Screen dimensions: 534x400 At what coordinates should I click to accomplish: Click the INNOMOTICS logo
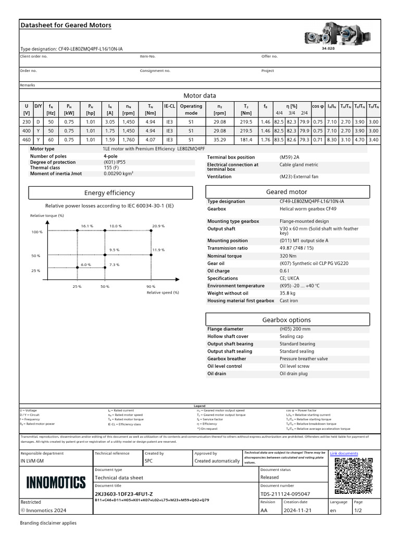(x=56, y=482)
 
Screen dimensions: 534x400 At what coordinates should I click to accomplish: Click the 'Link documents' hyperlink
(x=344, y=454)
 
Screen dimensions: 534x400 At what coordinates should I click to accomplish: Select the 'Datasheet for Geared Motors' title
(x=66, y=25)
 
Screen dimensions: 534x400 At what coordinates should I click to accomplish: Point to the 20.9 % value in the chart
(x=158, y=226)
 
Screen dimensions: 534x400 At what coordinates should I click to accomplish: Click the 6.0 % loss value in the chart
(x=86, y=265)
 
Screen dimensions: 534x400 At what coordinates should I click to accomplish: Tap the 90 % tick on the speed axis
(x=151, y=287)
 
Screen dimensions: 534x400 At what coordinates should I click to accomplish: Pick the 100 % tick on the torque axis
(x=36, y=232)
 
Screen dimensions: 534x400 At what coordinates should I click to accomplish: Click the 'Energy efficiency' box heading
(x=109, y=193)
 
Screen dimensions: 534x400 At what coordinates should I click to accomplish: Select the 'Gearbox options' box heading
(x=286, y=320)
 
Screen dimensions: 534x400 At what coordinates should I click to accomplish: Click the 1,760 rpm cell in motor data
(x=128, y=140)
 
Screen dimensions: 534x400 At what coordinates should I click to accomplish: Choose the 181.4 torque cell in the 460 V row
(x=246, y=140)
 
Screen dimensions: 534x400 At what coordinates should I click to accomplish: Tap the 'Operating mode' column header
(x=191, y=109)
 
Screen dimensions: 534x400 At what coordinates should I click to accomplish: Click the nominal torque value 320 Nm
(x=289, y=256)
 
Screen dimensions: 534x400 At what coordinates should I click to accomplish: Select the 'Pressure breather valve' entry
(x=304, y=359)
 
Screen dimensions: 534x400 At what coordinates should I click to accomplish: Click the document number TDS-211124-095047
(x=285, y=494)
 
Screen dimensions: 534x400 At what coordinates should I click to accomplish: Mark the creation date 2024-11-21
(x=297, y=511)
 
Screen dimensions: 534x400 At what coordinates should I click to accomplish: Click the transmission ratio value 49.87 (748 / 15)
(x=300, y=248)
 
